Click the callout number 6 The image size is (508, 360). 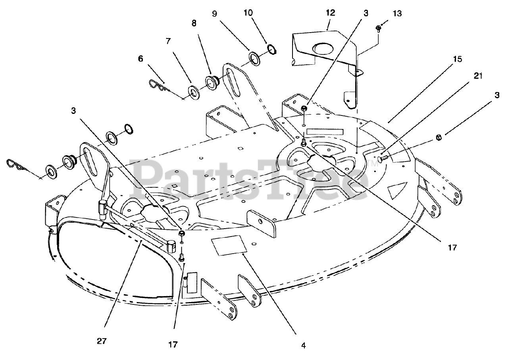140,58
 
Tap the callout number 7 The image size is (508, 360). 168,41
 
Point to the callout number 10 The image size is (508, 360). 248,13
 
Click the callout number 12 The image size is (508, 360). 330,13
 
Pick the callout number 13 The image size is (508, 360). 397,14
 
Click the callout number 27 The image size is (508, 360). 102,341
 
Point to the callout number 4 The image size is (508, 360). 303,345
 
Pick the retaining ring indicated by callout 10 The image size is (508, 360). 272,49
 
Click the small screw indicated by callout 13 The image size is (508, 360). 378,28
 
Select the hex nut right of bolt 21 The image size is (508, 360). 439,137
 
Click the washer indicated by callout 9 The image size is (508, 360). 254,59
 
